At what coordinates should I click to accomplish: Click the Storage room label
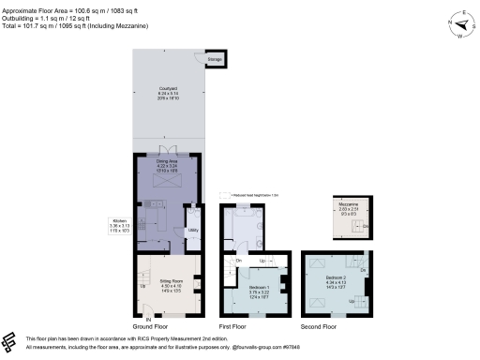[215, 59]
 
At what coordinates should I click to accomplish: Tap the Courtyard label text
[167, 91]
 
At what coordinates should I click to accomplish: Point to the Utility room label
[192, 229]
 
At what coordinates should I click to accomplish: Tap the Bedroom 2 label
[337, 278]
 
